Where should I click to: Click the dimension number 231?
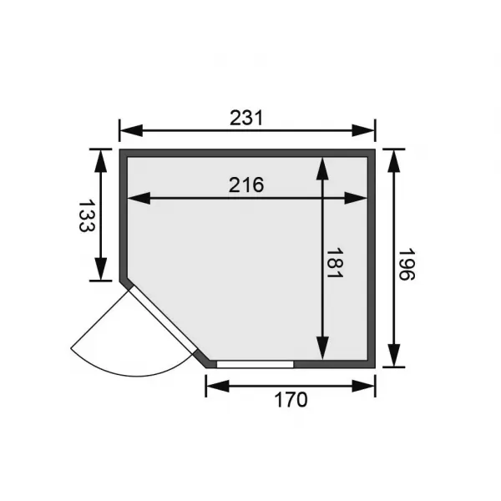coord(247,119)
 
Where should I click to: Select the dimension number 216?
coord(247,185)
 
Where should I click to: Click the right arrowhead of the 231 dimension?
coord(368,130)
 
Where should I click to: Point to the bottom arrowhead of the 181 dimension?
coord(321,351)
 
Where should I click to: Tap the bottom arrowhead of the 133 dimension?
coord(100,272)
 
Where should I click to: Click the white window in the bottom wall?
coord(255,365)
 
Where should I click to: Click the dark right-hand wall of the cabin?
coord(372,259)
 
